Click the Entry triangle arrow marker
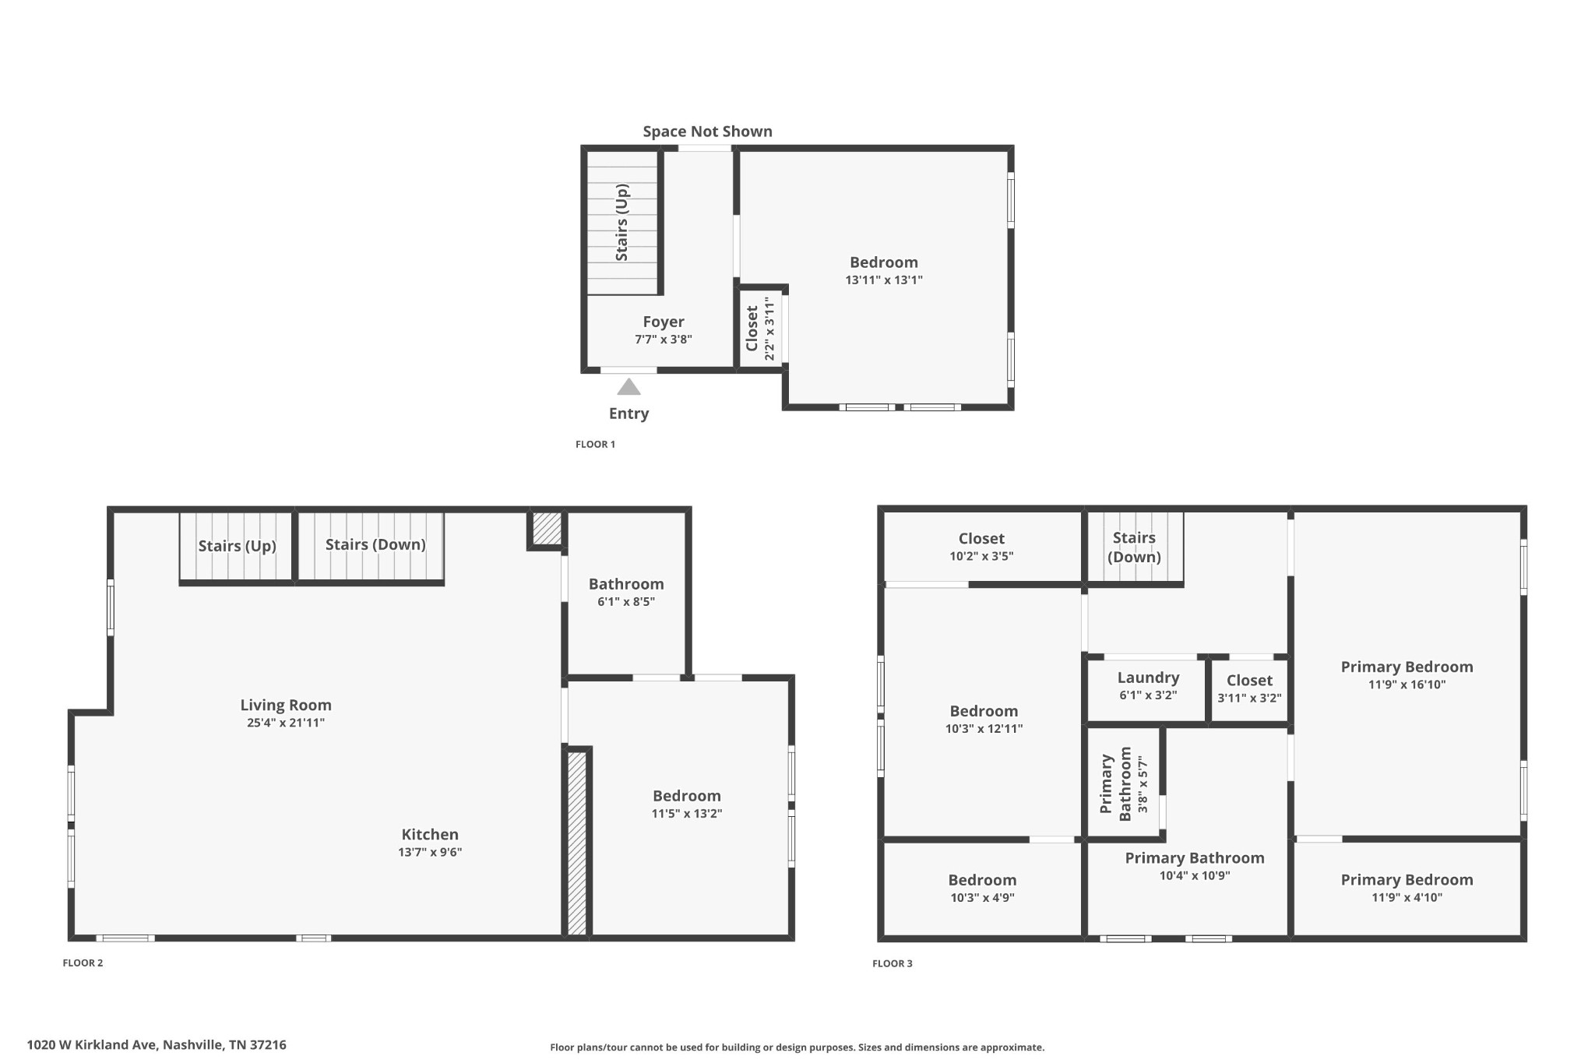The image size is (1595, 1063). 628,387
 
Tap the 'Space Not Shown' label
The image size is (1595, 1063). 707,132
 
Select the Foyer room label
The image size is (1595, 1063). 664,322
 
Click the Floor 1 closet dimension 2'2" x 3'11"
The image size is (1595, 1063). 770,328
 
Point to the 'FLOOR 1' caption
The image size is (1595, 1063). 595,445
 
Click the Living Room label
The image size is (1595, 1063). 286,705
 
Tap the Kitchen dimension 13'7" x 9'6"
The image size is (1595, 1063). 430,852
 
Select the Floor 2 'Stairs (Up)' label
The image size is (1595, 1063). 237,546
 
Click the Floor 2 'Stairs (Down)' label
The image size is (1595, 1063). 375,544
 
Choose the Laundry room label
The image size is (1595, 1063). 1148,678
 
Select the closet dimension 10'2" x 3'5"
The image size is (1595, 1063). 981,556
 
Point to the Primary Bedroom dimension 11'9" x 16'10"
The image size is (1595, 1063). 1407,685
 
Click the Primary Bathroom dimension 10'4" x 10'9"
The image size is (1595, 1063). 1195,875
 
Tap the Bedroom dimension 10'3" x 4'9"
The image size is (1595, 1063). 982,897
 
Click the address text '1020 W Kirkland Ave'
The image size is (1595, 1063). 93,1045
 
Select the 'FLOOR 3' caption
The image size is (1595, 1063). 892,964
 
